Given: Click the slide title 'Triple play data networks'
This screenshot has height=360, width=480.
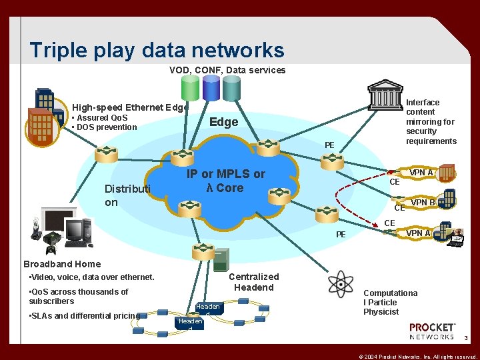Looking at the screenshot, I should tap(157, 50).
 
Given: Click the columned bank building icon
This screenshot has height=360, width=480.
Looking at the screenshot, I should tap(385, 94).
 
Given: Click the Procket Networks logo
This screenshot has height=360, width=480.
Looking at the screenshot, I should tap(432, 331).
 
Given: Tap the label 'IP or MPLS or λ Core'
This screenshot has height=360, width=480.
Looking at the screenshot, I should tap(225, 181).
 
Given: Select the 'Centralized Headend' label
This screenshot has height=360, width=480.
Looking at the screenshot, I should tap(253, 282).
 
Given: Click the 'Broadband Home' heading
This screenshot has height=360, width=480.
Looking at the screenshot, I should tap(62, 264).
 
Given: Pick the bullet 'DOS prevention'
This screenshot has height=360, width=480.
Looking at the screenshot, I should tap(106, 127).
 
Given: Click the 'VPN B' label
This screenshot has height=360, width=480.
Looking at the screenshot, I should tap(423, 202).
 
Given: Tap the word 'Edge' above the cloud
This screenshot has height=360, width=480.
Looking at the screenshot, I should tap(223, 122).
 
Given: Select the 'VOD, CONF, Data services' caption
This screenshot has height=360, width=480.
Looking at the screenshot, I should tap(227, 70).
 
